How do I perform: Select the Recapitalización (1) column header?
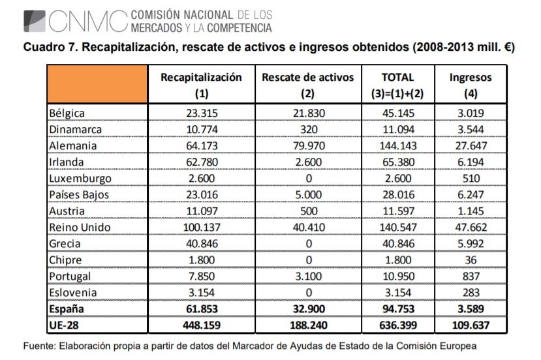(x=201, y=85)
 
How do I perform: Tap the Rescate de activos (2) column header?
(x=307, y=85)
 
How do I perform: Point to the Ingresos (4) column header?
(x=471, y=85)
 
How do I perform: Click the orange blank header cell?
(x=97, y=85)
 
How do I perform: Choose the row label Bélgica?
(x=67, y=113)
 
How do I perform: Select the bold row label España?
(x=67, y=308)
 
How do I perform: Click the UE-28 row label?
(x=65, y=325)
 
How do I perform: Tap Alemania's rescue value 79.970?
(x=307, y=145)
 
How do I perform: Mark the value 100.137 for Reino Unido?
(x=201, y=227)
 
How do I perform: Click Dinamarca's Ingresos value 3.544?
(x=471, y=129)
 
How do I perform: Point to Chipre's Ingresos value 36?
(x=471, y=260)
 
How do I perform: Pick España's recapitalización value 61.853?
(x=201, y=308)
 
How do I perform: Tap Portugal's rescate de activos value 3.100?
(x=307, y=276)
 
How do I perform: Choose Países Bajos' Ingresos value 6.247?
(x=471, y=194)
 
